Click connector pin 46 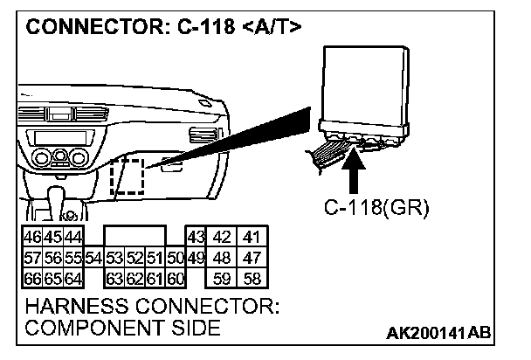click(x=32, y=238)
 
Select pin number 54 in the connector click(x=95, y=258)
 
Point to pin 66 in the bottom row click(x=32, y=280)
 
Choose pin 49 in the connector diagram click(x=196, y=258)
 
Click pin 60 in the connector click(x=175, y=280)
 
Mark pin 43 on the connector click(x=196, y=238)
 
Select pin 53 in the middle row click(x=114, y=258)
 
